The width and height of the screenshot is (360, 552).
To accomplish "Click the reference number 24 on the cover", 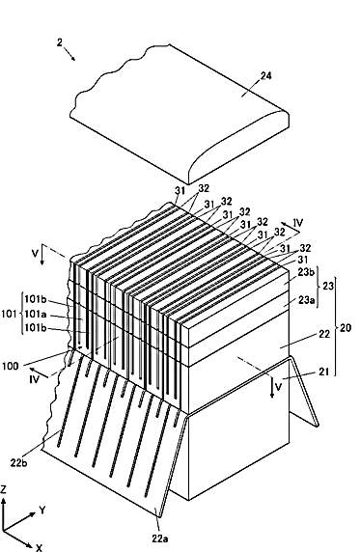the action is (x=266, y=75).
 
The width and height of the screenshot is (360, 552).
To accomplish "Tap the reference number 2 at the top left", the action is (x=60, y=42).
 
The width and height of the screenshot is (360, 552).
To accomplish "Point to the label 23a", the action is (x=306, y=300).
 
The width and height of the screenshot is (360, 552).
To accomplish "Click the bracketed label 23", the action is (x=327, y=286).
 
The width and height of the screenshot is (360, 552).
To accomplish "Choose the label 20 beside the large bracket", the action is (x=346, y=328).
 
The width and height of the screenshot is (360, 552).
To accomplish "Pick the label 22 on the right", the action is (x=324, y=334).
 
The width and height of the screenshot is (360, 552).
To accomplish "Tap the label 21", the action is (x=323, y=372).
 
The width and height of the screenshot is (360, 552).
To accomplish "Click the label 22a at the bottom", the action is (x=160, y=538).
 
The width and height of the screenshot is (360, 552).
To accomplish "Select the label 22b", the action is (x=18, y=462).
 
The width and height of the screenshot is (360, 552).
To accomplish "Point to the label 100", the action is (x=10, y=366).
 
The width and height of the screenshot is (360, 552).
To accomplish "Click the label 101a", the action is (x=36, y=314).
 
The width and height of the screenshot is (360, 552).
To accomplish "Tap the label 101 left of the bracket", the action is (x=9, y=314).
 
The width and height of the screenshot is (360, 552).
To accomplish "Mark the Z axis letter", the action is (x=4, y=489).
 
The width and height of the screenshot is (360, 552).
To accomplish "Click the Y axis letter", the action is (x=42, y=511).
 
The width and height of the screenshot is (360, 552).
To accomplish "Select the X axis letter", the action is (x=40, y=547).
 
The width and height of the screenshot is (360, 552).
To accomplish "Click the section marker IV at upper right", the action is (x=298, y=223).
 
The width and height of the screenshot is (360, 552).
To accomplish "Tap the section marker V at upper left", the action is (x=35, y=253).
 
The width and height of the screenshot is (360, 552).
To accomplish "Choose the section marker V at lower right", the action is (x=278, y=387).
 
